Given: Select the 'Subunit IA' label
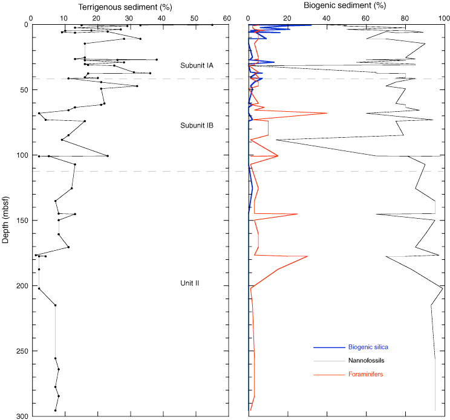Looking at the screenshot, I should pyautogui.click(x=197, y=65).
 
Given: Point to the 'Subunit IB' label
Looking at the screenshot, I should pyautogui.click(x=197, y=126).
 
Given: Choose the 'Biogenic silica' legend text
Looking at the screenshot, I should pyautogui.click(x=368, y=347).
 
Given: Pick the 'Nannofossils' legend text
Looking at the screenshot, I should pyautogui.click(x=366, y=361).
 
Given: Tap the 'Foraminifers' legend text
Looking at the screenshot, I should pyautogui.click(x=365, y=375).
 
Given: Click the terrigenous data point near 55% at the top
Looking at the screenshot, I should pyautogui.click(x=212, y=25).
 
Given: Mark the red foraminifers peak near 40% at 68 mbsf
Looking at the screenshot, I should pyautogui.click(x=327, y=113).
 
